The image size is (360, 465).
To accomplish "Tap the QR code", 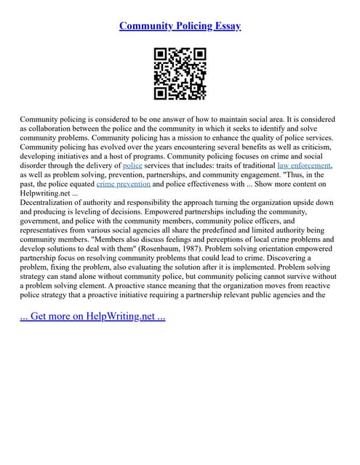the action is point(180,73).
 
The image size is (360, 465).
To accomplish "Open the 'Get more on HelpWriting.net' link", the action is point(92,317).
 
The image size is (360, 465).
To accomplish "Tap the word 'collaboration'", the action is point(52,128).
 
